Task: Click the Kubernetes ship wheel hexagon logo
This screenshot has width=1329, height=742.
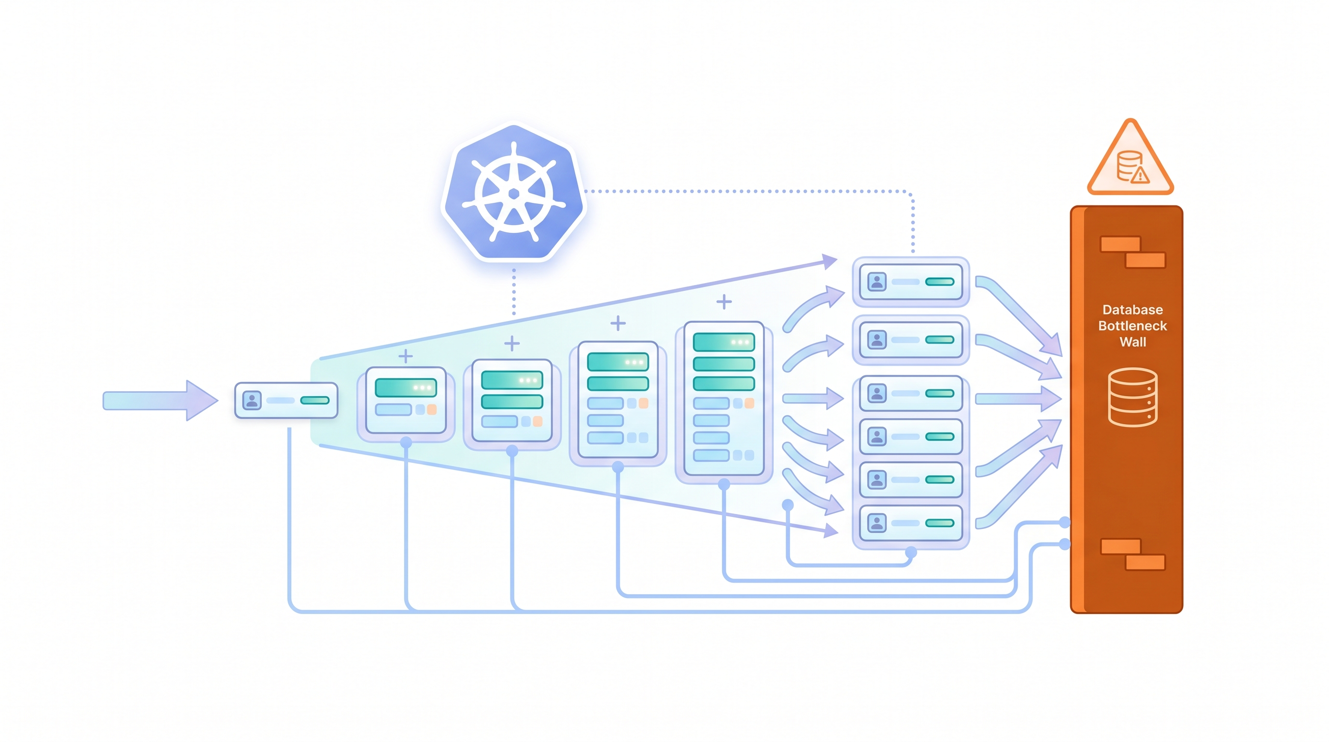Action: (x=514, y=192)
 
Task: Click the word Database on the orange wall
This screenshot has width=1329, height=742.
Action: (x=1132, y=310)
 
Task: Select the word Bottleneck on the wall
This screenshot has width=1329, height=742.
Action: (x=1132, y=326)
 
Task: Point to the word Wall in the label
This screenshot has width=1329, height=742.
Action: (x=1132, y=342)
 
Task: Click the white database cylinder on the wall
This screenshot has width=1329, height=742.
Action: (x=1132, y=397)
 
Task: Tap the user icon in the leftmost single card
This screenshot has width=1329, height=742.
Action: (x=252, y=400)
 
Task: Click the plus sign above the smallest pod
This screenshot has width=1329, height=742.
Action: (x=406, y=356)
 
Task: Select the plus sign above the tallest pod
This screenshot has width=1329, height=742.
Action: (x=724, y=301)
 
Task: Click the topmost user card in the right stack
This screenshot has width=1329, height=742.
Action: (x=911, y=282)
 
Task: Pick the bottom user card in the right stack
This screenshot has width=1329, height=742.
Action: (x=911, y=523)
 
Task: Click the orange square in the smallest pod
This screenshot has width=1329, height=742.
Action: (x=432, y=410)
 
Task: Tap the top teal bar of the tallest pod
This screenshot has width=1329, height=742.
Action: (x=723, y=342)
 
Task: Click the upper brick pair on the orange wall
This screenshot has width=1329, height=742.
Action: (x=1132, y=252)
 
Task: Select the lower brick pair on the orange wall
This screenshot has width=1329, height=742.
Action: (x=1132, y=554)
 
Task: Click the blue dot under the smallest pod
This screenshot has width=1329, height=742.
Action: (x=406, y=442)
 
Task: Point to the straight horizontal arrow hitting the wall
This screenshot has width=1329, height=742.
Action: (x=1017, y=399)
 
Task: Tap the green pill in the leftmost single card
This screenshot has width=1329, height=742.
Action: (x=315, y=400)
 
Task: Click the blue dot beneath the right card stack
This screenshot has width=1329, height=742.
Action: (x=911, y=553)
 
